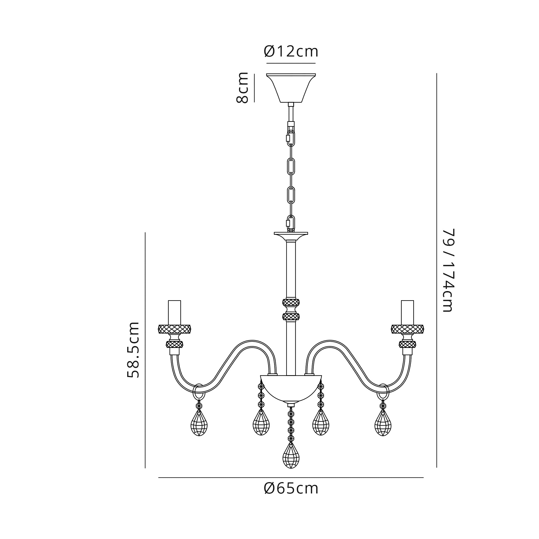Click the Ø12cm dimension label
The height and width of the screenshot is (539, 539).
point(291,52)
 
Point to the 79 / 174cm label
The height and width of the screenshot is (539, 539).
point(449,270)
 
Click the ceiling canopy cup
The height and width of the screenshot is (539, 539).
point(291,88)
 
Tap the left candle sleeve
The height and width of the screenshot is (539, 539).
point(175,312)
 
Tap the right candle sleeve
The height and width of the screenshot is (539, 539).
point(407,312)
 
